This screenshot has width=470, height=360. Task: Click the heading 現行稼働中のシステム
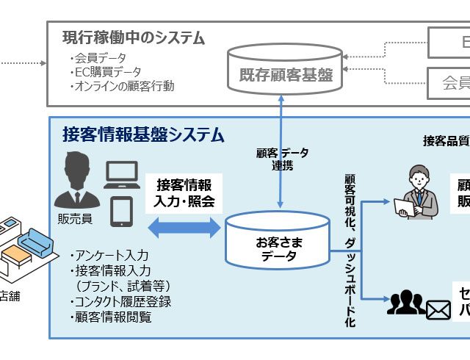coord(133,37)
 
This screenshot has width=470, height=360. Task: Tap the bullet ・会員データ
coord(98,58)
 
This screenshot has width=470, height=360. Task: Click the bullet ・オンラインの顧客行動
coord(122,86)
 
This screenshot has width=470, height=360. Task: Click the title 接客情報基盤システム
coord(143,135)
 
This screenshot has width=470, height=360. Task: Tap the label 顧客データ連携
coord(282,159)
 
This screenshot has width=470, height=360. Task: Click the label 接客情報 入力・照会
coord(186,192)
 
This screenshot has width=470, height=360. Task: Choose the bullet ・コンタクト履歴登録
coord(120,302)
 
